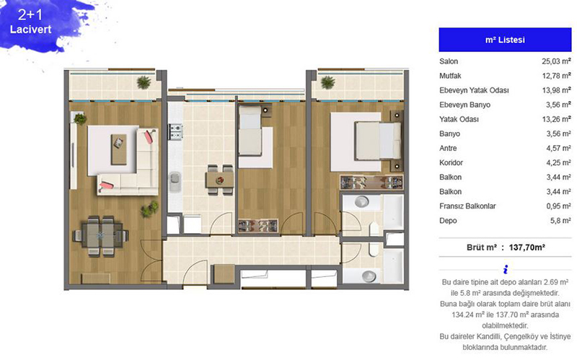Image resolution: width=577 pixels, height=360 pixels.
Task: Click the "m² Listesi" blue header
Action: pos(505,40)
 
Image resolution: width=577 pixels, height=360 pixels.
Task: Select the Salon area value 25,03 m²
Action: pos(556,61)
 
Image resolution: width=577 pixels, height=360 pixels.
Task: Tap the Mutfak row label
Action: pos(450,76)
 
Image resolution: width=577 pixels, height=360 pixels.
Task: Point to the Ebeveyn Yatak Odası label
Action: pos(474,90)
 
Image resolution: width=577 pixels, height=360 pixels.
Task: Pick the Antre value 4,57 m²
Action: pos(558,148)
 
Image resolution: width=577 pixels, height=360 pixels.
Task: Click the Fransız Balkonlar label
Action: pos(467,206)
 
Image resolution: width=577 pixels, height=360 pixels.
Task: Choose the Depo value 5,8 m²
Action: pos(560,221)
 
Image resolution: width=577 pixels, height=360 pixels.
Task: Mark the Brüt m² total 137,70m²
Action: pos(527,247)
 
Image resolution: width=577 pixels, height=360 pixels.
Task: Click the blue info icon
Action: pos(506,269)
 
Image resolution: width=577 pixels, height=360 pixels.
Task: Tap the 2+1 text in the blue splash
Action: pos(30,14)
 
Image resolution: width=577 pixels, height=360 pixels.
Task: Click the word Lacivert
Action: pos(30,30)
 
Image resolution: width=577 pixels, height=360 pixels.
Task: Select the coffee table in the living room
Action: pos(119,149)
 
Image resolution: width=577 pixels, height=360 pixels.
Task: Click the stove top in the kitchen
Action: pos(176,132)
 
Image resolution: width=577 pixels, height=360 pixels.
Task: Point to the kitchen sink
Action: pos(175,182)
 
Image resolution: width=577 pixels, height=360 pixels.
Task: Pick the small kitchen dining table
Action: pos(220,180)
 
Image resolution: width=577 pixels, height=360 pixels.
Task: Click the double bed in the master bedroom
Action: pos(378,141)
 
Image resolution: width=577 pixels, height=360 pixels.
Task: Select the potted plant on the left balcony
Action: pos(144,82)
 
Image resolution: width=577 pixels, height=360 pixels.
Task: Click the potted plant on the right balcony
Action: pos(327,82)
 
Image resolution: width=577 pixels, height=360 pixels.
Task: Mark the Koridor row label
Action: pos(451,163)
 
